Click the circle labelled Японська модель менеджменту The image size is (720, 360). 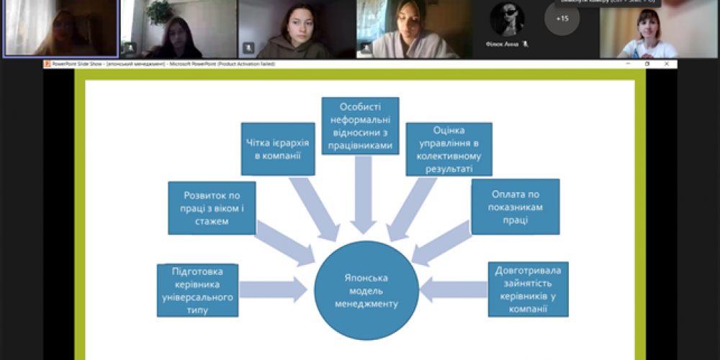point(366,290)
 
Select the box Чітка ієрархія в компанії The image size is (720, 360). point(278,148)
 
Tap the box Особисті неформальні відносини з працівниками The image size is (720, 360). point(360,126)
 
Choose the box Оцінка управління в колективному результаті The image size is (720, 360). point(449,149)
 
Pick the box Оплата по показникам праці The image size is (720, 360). point(515,207)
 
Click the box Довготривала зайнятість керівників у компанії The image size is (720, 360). point(528,289)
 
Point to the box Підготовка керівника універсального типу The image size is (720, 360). point(197,290)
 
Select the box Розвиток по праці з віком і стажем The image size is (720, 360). point(212,207)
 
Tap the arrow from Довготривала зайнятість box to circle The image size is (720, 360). point(454,289)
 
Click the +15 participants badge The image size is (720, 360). point(562,18)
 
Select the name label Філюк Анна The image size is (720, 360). point(501,44)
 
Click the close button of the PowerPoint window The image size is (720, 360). point(666,64)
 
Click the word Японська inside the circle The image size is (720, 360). point(366,276)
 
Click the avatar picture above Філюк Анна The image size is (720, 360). point(507,19)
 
